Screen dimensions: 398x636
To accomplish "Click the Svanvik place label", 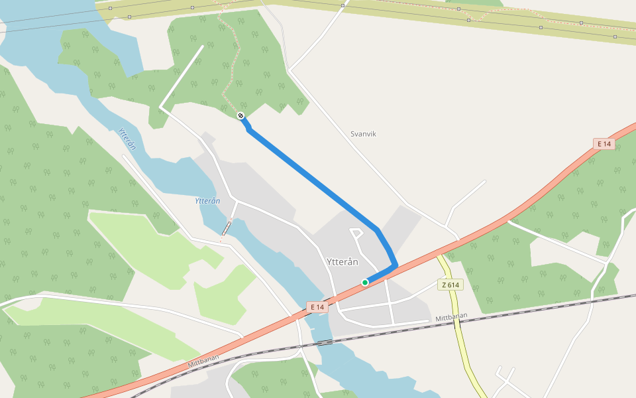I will [x=363, y=134].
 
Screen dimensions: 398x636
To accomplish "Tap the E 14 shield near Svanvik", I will [x=603, y=144].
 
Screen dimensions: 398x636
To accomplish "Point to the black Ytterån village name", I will [x=343, y=262].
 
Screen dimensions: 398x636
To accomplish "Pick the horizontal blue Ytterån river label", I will [x=207, y=200].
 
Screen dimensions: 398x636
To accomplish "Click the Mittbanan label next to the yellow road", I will [x=451, y=318].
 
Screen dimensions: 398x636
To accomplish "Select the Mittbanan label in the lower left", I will [x=203, y=362].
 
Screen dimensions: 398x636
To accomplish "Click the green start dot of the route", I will [x=365, y=283].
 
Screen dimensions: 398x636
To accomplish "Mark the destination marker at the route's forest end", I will [x=241, y=116].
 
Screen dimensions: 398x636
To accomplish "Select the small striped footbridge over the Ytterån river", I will [x=227, y=228].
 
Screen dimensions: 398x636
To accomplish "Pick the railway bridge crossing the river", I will [x=325, y=342].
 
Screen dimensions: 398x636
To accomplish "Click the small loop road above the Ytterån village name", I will [x=356, y=232].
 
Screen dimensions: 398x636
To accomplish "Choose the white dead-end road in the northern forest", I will [x=182, y=76].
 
